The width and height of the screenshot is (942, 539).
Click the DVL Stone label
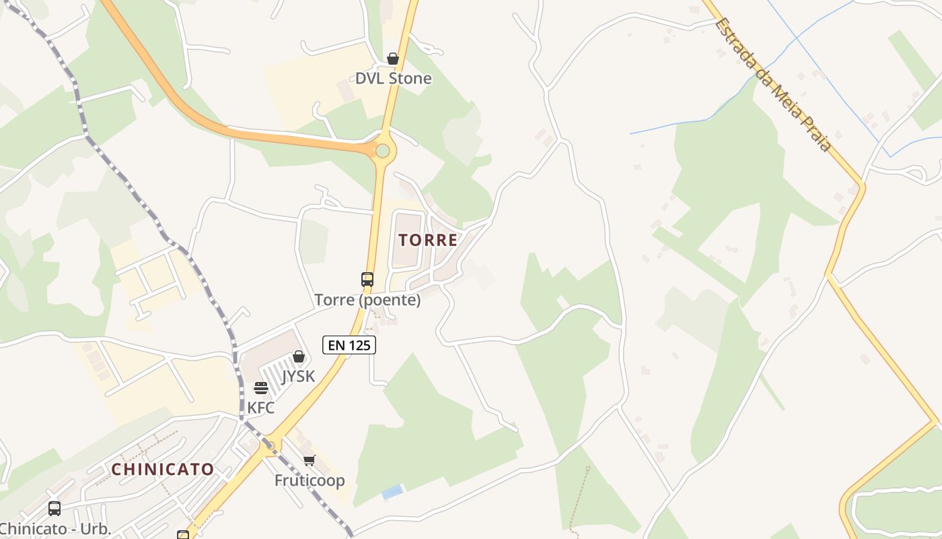pos(393,78)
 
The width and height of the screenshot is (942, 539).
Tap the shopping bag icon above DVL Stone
pos(393,59)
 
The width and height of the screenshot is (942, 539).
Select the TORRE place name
pos(428,240)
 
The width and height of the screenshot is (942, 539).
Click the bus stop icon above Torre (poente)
pos(367,279)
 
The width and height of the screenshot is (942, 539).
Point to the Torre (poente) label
pos(367,300)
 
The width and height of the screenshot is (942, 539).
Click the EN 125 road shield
pos(349,345)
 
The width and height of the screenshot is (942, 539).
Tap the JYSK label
pos(298,376)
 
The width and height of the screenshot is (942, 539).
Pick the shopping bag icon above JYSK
pos(298,356)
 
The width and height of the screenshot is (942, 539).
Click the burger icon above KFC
pos(261,388)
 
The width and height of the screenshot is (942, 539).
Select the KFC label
pos(261,408)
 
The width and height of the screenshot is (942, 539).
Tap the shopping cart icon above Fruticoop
pos(309,461)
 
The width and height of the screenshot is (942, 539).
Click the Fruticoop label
pos(310,480)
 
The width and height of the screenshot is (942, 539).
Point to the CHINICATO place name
pos(163,469)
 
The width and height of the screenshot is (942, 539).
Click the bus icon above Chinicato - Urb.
pos(55,509)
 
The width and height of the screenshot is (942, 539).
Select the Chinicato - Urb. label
pos(56,528)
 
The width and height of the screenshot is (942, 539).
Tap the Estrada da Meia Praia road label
pos(773,84)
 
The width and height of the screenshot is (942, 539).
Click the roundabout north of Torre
pos(382,151)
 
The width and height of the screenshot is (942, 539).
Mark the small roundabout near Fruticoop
pos(270,445)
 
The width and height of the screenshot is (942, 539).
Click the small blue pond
pos(392,493)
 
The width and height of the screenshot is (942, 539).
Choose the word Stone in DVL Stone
pos(410,78)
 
